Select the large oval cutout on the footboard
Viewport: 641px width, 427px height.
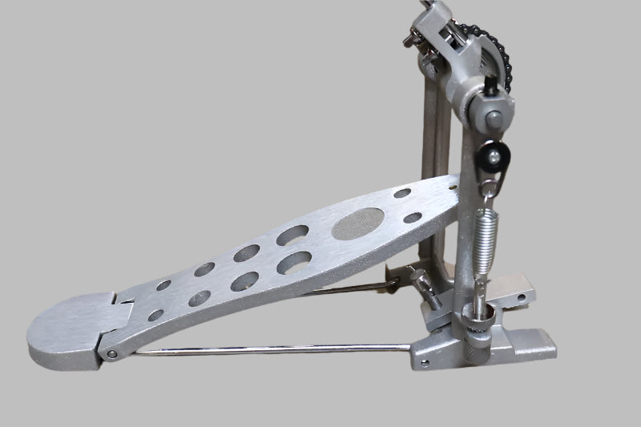(x=357, y=224)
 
